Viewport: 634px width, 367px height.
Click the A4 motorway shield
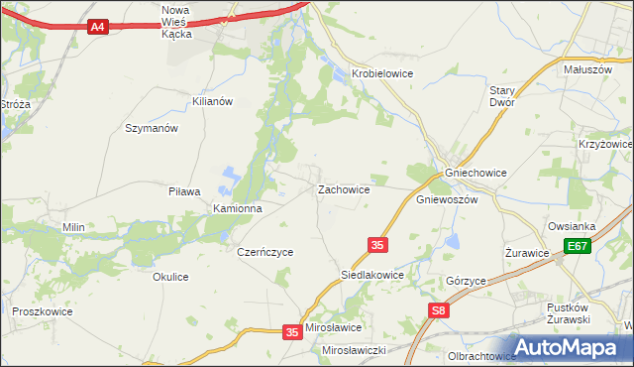coord(97,27)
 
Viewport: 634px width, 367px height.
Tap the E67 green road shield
coord(579,246)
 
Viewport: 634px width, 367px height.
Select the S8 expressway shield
coord(439,311)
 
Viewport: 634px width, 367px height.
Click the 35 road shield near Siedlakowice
coord(376,244)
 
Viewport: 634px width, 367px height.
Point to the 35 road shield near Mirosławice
coord(291,332)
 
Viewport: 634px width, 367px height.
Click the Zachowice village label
coord(344,188)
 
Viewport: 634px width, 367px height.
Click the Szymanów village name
coord(152,128)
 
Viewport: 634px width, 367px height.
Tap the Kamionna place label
coord(238,209)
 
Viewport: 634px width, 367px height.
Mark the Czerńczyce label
coord(265,252)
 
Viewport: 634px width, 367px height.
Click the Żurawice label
coord(527,253)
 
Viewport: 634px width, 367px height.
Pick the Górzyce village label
coord(466,281)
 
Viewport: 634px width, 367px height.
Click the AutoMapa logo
coord(569,347)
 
